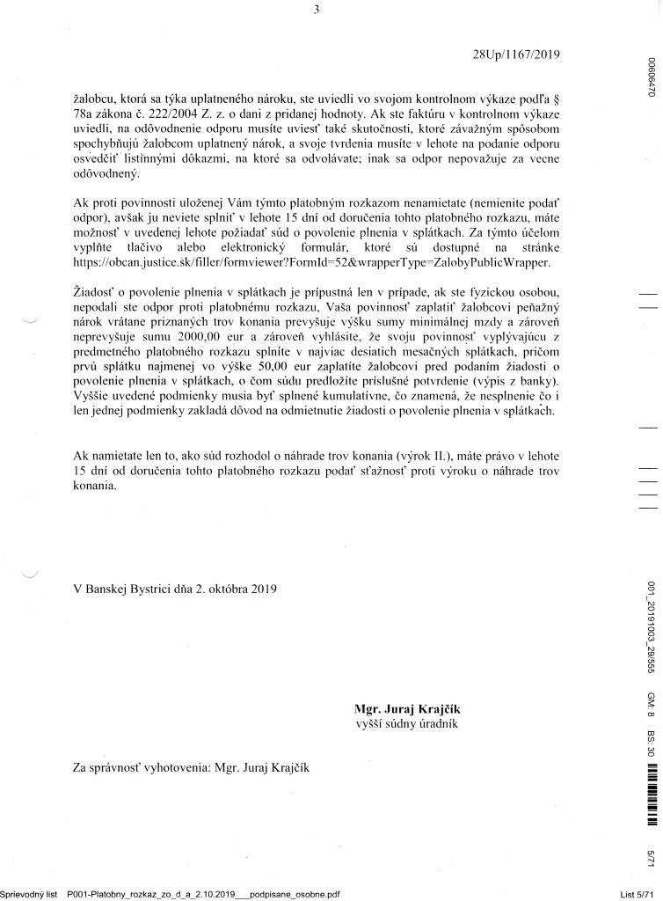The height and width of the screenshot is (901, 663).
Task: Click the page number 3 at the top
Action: pyautogui.click(x=315, y=11)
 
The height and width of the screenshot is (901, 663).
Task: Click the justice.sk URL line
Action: pyautogui.click(x=312, y=262)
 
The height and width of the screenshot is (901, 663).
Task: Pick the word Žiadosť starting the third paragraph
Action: pyautogui.click(x=95, y=291)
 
